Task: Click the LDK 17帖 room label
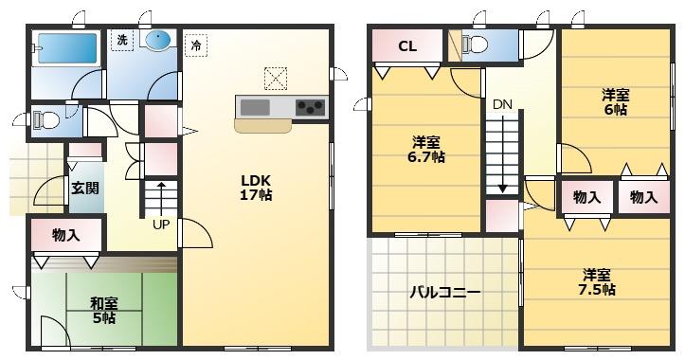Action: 256,188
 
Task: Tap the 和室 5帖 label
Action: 104,311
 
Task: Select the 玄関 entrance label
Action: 85,189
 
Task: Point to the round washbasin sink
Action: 157,41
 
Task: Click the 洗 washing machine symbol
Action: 122,40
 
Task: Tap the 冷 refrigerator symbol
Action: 196,45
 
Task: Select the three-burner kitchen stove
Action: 310,107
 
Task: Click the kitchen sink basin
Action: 255,107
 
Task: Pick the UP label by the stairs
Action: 161,225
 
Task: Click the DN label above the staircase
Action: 502,104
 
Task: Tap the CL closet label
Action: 407,45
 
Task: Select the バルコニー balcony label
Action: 444,292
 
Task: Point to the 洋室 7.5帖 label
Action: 596,282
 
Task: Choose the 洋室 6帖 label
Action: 615,101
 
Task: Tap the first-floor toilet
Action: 45,119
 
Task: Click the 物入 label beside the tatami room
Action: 66,236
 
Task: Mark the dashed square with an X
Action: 275,79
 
